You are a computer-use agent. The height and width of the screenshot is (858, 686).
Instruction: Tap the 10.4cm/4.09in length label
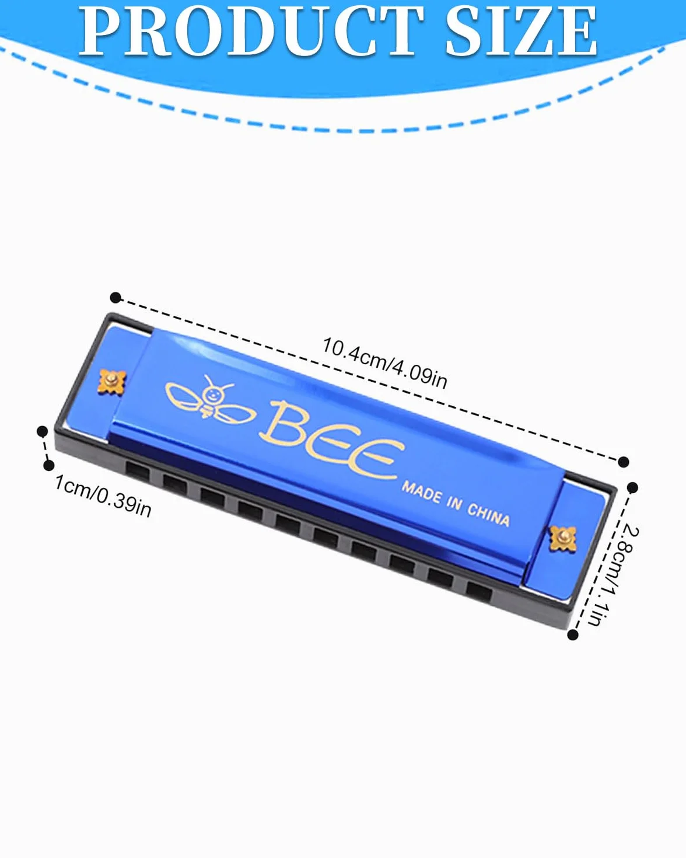coord(384,363)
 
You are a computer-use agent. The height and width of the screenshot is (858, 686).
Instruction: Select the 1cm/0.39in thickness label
coord(103,496)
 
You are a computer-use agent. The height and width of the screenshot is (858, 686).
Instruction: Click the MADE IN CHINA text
coord(456,504)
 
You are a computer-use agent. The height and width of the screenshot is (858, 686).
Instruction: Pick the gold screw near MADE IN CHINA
coord(563,538)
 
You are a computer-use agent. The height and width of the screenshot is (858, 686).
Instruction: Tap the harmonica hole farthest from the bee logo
coord(479,594)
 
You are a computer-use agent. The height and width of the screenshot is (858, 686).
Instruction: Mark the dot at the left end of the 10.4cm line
coord(115,297)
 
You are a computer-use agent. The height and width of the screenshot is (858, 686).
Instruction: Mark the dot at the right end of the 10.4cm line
coord(623,462)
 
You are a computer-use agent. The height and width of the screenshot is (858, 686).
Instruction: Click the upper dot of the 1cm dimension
coord(42,431)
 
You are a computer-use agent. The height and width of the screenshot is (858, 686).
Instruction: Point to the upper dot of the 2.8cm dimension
coord(632,487)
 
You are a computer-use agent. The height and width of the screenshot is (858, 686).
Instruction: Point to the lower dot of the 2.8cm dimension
coord(572,634)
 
